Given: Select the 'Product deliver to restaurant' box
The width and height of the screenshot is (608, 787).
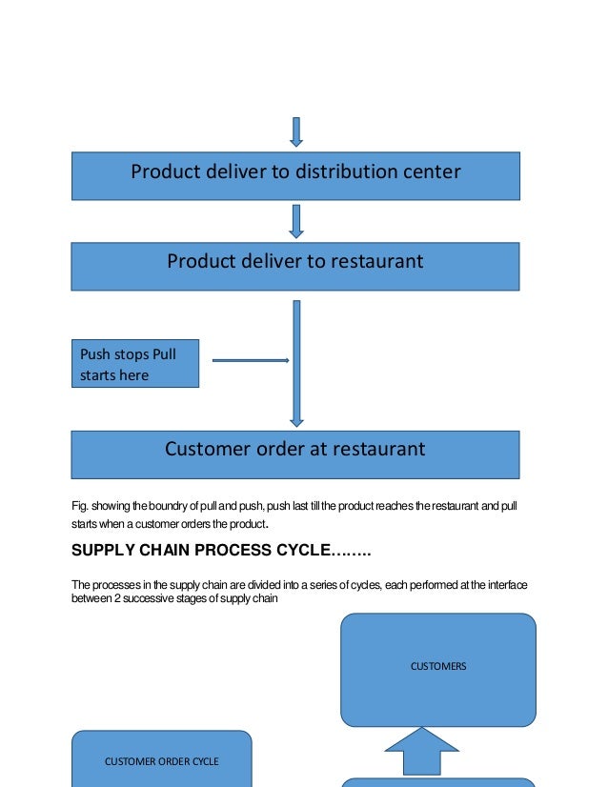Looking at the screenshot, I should [x=295, y=266].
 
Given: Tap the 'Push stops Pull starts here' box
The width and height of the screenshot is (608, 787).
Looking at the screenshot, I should [x=135, y=364].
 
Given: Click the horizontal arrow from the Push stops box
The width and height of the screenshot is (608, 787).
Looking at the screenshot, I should [x=250, y=360].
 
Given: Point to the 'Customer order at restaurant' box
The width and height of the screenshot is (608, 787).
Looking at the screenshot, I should [x=295, y=454].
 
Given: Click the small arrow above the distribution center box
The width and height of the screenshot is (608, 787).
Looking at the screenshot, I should [x=296, y=131].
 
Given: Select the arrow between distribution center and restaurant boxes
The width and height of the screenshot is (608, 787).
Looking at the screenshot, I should [x=296, y=220].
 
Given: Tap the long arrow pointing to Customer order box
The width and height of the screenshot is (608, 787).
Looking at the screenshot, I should [x=296, y=362].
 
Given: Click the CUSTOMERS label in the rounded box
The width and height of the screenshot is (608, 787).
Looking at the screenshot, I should [x=438, y=667].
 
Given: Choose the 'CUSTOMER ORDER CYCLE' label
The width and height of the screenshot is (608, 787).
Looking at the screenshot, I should [x=162, y=761].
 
